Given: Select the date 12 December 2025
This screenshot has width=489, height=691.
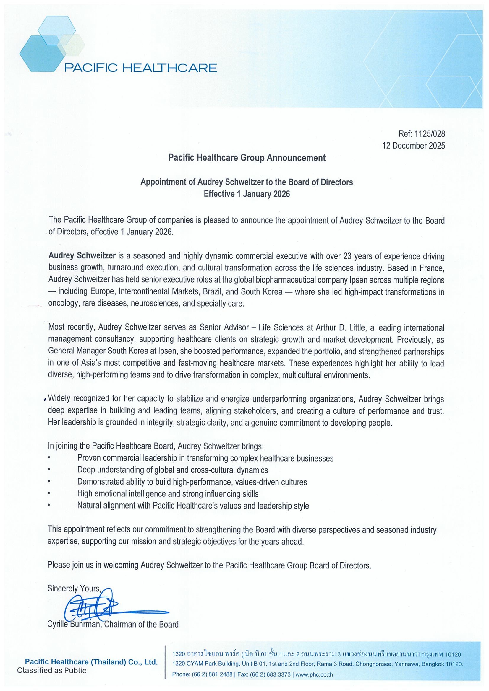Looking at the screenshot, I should [413, 146].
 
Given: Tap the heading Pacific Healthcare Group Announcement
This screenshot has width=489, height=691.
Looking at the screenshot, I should [247, 158].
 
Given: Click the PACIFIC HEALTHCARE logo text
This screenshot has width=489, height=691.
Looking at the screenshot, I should [141, 68].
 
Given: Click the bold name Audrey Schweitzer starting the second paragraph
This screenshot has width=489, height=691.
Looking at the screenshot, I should [82, 256].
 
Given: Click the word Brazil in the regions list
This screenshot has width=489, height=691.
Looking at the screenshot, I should [214, 292].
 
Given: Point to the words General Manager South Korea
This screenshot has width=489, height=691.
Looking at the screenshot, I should [98, 351].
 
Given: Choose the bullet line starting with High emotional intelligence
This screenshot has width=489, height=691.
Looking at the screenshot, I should [168, 493].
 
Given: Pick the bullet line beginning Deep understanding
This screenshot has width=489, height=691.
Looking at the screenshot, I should [172, 470].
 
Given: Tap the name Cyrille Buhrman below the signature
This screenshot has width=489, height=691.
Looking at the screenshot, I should [74, 624].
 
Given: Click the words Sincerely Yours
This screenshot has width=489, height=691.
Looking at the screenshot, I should [74, 588].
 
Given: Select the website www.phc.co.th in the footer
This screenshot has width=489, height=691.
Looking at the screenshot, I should [314, 674].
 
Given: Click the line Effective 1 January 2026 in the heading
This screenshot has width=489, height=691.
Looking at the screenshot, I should [247, 194].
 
